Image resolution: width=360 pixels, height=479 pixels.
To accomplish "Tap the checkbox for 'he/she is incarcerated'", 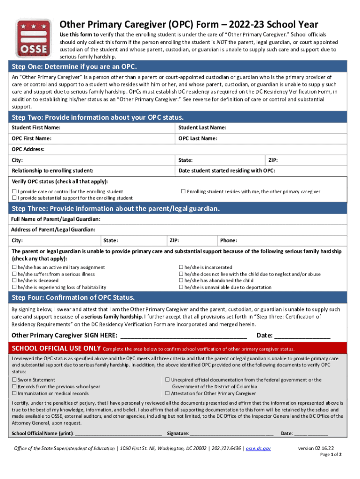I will [181, 268].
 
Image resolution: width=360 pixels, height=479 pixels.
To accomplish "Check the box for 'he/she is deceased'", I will [14, 281].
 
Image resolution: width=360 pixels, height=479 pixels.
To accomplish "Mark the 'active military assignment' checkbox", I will [14, 268].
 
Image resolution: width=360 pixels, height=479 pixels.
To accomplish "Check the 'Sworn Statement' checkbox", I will [14, 380].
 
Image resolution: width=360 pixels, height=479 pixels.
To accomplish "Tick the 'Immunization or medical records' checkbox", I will [14, 393].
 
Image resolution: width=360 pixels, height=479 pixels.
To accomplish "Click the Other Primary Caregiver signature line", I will [183, 335].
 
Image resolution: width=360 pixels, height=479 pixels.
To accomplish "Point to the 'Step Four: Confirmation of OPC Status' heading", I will [73, 298].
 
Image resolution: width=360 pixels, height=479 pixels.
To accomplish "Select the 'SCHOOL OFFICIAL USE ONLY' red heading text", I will [56, 348].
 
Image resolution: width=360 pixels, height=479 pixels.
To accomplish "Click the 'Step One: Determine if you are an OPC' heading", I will [74, 66].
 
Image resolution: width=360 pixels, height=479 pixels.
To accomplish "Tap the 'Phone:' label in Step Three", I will [229, 240].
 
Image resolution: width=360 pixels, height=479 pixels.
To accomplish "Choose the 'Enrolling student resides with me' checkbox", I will [183, 192].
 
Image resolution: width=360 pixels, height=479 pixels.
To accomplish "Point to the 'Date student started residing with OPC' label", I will [227, 171].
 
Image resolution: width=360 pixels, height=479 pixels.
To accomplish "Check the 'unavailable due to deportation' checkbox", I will [181, 287].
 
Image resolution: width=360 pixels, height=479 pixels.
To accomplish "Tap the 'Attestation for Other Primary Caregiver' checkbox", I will [167, 393].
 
